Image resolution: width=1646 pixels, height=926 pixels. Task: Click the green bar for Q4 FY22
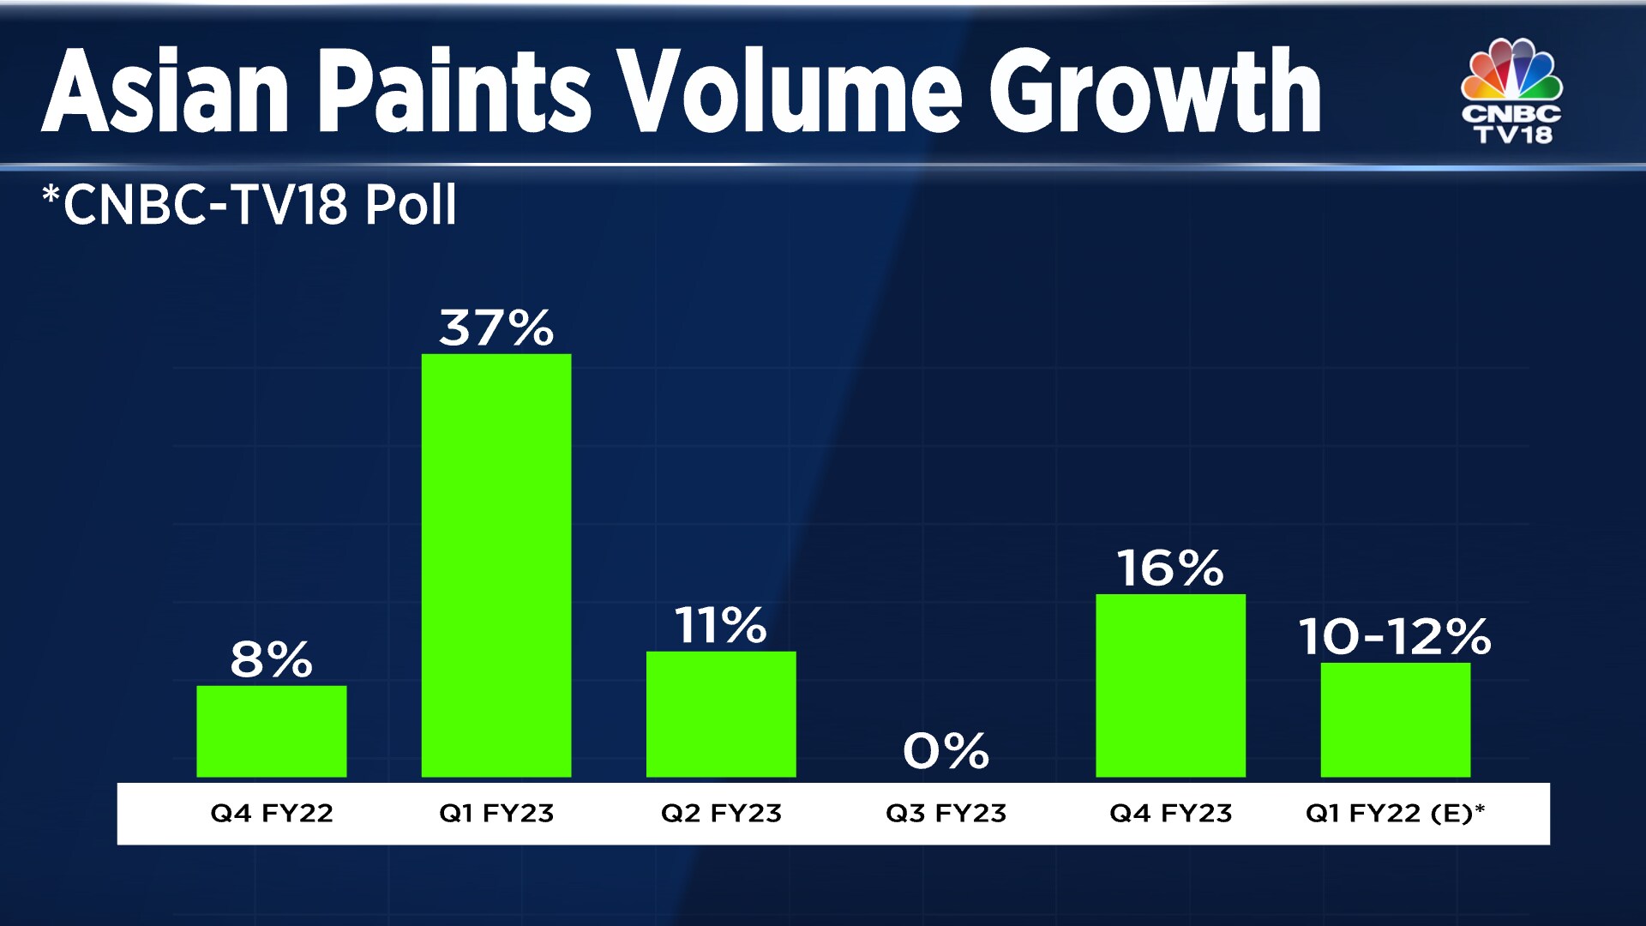click(272, 731)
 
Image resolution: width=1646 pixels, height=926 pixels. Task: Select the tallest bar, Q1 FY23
click(496, 566)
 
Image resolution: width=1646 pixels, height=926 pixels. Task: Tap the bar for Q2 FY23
click(721, 714)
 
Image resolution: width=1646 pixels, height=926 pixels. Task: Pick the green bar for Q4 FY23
click(1170, 686)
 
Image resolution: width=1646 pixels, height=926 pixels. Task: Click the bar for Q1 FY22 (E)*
click(1395, 720)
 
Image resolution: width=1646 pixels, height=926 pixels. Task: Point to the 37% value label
click(496, 328)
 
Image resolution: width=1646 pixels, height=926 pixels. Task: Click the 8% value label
click(272, 659)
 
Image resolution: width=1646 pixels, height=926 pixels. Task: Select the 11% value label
click(721, 625)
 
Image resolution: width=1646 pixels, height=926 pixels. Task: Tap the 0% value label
click(946, 751)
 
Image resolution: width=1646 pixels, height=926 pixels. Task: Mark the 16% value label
click(1170, 568)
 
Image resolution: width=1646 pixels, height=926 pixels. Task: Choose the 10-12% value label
click(1395, 637)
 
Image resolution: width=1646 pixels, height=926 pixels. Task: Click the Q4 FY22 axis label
click(272, 813)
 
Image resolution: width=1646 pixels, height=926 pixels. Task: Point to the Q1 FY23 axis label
click(496, 813)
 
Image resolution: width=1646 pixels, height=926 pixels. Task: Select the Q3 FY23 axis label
click(946, 813)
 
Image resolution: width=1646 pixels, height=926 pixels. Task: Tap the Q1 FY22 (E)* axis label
click(1395, 813)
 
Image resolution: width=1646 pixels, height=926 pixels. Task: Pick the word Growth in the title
click(1155, 91)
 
